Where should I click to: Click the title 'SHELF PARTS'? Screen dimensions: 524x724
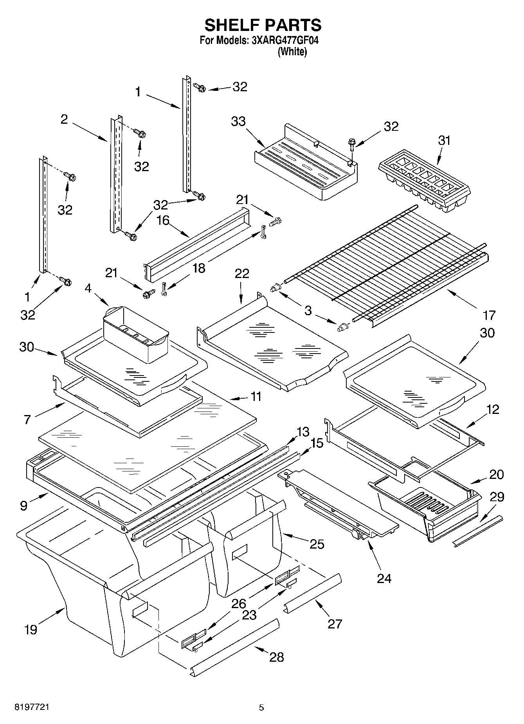[x=263, y=25]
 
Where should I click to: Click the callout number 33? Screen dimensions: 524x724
[x=238, y=121]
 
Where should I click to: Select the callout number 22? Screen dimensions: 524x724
[x=242, y=273]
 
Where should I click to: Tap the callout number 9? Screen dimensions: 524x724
[x=24, y=506]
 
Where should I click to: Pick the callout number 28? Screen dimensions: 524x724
[x=277, y=657]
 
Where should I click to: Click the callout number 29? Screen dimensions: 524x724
[x=497, y=497]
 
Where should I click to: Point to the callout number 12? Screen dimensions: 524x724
[x=493, y=410]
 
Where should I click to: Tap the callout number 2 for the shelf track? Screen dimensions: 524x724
[x=64, y=119]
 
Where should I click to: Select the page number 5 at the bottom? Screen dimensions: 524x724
[x=261, y=708]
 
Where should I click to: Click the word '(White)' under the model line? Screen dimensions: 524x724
[x=292, y=52]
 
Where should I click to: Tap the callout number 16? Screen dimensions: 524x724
[x=163, y=220]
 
